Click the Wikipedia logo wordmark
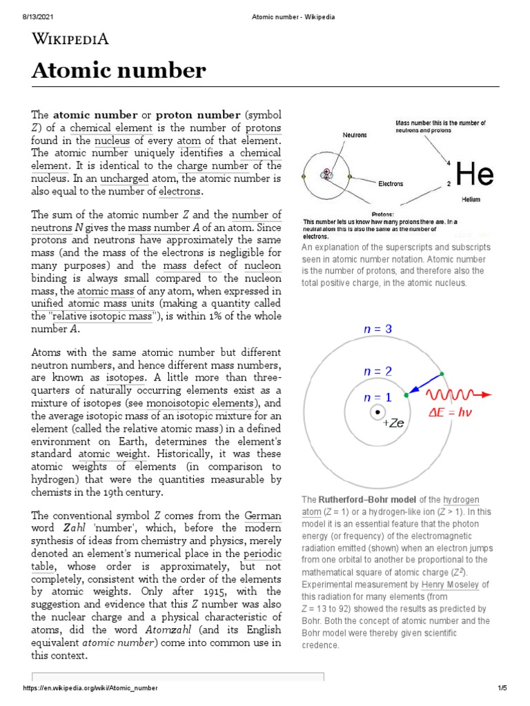pyautogui.click(x=70, y=39)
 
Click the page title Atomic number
pyautogui.click(x=119, y=70)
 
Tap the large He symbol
pyautogui.click(x=475, y=175)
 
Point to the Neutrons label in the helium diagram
pyautogui.click(x=355, y=135)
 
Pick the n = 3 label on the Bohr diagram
pyautogui.click(x=377, y=330)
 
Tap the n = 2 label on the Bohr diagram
pyautogui.click(x=377, y=371)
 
